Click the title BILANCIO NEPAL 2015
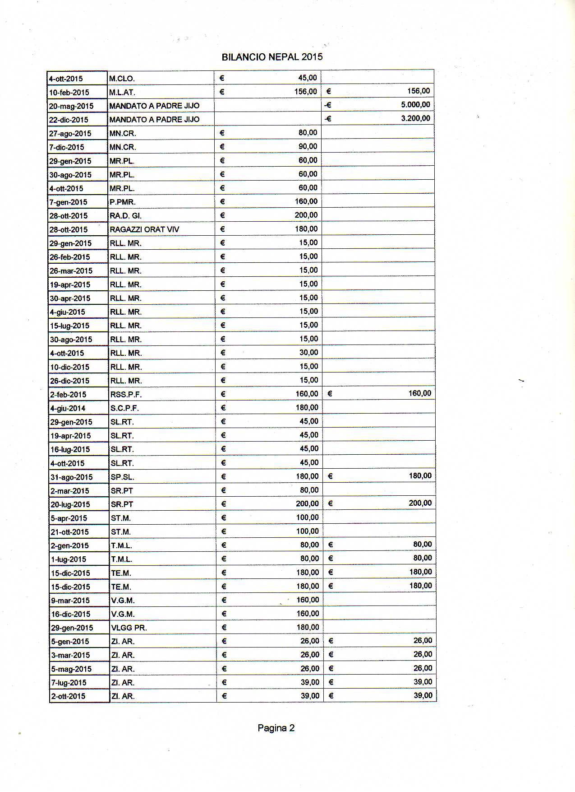pos(272,57)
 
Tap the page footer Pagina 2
pos(276,728)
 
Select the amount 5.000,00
pos(415,105)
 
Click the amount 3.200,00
pos(415,118)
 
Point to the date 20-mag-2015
pos(71,106)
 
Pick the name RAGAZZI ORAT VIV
pos(144,229)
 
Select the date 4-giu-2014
pos(68,408)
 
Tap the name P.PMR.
pos(123,202)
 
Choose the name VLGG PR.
pos(129,628)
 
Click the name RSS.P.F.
pos(126,395)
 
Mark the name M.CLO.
pos(122,79)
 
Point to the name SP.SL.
pos(123,477)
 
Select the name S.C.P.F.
pos(125,408)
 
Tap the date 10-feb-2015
pos(69,93)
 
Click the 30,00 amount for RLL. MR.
pos(308,353)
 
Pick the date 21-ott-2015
pos(70,532)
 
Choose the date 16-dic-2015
pos(71,614)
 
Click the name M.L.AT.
pos(122,93)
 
